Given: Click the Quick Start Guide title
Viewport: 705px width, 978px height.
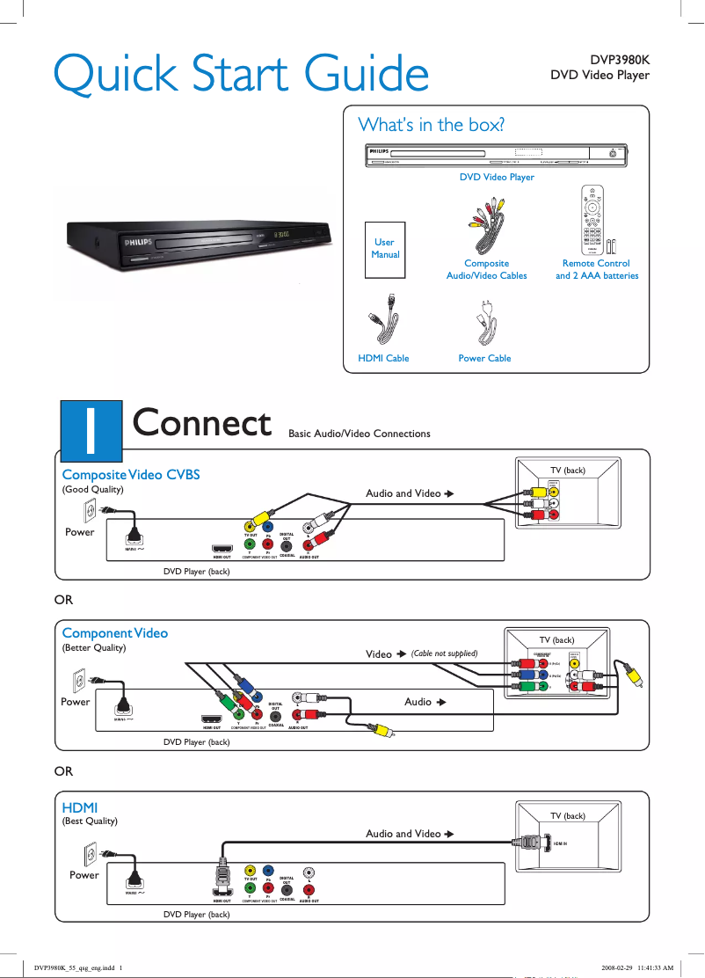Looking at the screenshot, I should (x=241, y=73).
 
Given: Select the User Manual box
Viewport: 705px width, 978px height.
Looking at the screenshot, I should (x=385, y=249).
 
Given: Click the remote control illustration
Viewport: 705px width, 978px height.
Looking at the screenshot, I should (x=595, y=221).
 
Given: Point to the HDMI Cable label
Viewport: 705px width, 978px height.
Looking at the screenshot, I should (x=383, y=358).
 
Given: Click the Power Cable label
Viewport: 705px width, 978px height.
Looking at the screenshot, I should (x=484, y=358).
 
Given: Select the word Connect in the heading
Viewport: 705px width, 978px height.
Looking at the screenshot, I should (x=201, y=423).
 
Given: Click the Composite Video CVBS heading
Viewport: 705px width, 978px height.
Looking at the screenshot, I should (x=131, y=474).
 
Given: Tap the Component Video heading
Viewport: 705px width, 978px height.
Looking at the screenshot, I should (x=115, y=632).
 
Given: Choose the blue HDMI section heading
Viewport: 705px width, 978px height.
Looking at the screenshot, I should (x=79, y=806).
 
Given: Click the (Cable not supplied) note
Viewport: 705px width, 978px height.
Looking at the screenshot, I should (x=445, y=653).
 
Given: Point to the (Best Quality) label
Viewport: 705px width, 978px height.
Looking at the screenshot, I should (x=90, y=821).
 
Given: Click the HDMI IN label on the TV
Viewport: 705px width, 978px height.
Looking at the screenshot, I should (x=561, y=843).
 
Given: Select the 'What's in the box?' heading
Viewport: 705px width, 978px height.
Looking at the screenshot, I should (x=431, y=124).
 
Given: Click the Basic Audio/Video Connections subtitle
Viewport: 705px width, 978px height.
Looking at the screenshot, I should (x=360, y=434).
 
